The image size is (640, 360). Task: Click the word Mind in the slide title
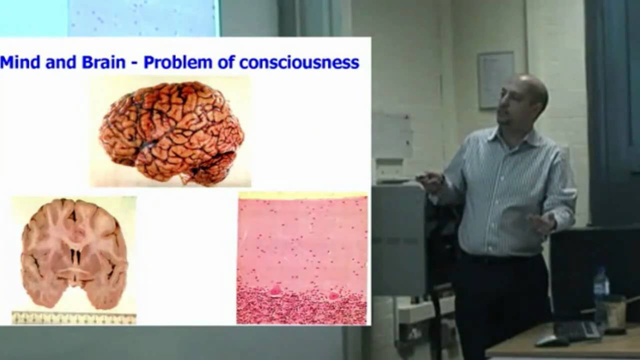[x=20, y=62]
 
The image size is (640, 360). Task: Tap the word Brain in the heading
[x=107, y=62]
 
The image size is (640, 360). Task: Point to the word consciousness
[x=299, y=63]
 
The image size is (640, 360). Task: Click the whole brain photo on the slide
[x=171, y=131]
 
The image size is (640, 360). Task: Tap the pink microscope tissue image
[x=302, y=260]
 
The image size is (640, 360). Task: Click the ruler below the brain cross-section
[x=74, y=318]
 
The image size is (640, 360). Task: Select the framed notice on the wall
[x=495, y=80]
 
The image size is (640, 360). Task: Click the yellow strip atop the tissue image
[x=302, y=195]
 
